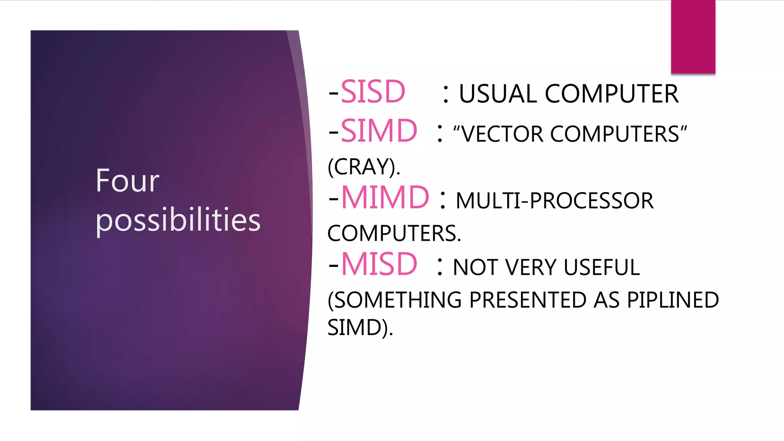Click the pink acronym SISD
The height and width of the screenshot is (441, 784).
(x=372, y=92)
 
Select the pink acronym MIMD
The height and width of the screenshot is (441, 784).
(x=385, y=198)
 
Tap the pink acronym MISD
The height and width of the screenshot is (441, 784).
(x=379, y=264)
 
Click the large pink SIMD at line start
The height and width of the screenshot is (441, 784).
(x=379, y=131)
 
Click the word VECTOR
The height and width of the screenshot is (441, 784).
(x=501, y=134)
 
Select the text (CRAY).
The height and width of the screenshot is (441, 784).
(x=364, y=167)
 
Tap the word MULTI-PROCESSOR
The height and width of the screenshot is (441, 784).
(x=555, y=201)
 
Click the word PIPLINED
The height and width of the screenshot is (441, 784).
(x=673, y=300)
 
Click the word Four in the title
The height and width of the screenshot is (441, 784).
(x=127, y=181)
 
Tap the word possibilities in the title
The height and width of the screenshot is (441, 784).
(x=178, y=220)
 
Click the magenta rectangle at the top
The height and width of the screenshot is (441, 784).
(x=693, y=37)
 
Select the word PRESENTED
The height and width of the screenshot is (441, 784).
(x=528, y=300)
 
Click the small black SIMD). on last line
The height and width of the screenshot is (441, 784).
(x=360, y=328)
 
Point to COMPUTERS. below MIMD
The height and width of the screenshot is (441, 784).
(x=394, y=234)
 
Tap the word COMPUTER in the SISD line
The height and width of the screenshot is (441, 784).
(x=612, y=94)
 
